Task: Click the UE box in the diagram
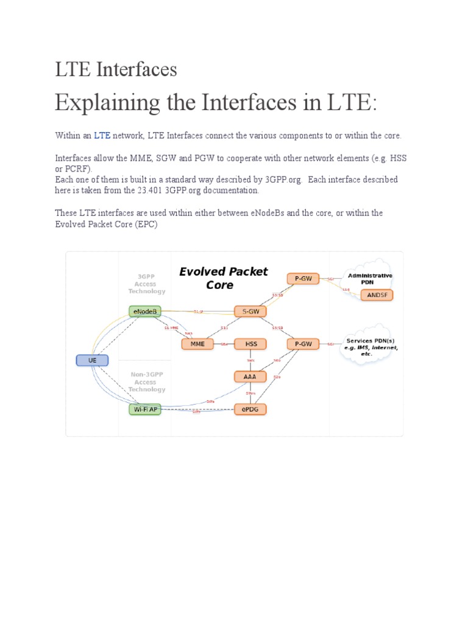tap(92, 360)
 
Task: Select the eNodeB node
tap(145, 311)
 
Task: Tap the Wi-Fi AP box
tap(145, 409)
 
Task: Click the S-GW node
tap(250, 311)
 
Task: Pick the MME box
tap(197, 344)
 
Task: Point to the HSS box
tap(250, 344)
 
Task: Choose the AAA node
tap(250, 377)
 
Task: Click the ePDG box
tap(250, 409)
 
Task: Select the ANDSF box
tap(377, 295)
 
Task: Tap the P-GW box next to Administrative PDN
tap(303, 279)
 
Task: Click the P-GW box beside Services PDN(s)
tap(303, 344)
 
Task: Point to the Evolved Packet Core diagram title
tap(223, 278)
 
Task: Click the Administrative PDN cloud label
tap(370, 279)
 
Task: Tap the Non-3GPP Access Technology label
tap(147, 382)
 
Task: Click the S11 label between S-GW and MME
tap(224, 328)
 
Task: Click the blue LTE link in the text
tap(102, 135)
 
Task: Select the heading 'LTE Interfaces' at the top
tap(116, 69)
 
